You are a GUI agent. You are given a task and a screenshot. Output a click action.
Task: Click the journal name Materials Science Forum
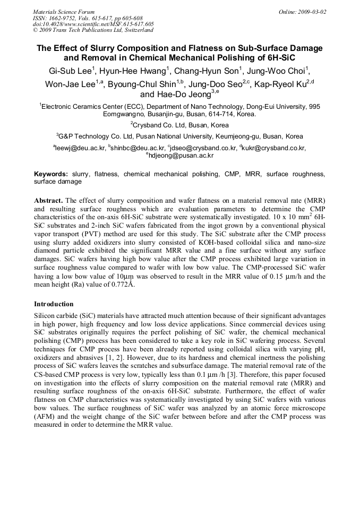click(x=64, y=11)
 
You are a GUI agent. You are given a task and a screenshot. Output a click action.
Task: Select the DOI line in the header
click(x=93, y=24)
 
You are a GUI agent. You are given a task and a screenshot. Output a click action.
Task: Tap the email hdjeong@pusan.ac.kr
click(x=181, y=156)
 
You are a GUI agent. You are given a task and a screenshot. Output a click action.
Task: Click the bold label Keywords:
click(x=51, y=174)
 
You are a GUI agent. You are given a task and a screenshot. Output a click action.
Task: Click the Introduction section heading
click(x=54, y=304)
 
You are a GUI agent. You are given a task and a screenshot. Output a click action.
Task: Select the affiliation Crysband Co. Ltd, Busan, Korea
click(x=181, y=124)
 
